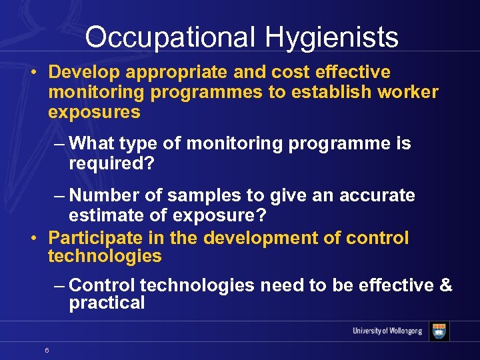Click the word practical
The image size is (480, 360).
click(107, 303)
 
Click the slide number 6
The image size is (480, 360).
click(46, 349)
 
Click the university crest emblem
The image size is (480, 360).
click(439, 331)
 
